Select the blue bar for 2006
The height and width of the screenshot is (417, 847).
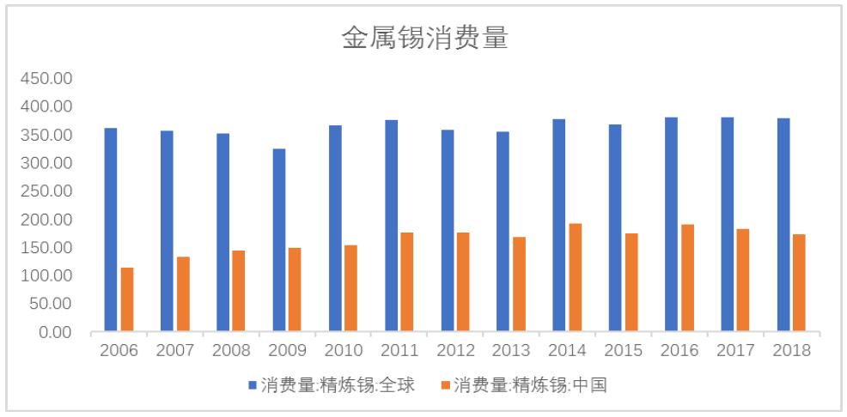tap(111, 230)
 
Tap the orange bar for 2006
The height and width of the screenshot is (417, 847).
tap(127, 299)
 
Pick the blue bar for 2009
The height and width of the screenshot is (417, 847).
tap(278, 240)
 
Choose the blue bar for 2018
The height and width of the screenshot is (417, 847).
tap(783, 225)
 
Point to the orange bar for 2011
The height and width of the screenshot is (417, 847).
tap(407, 282)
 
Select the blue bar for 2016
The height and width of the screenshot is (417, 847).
tap(671, 225)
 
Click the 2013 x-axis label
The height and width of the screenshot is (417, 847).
tap(511, 351)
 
